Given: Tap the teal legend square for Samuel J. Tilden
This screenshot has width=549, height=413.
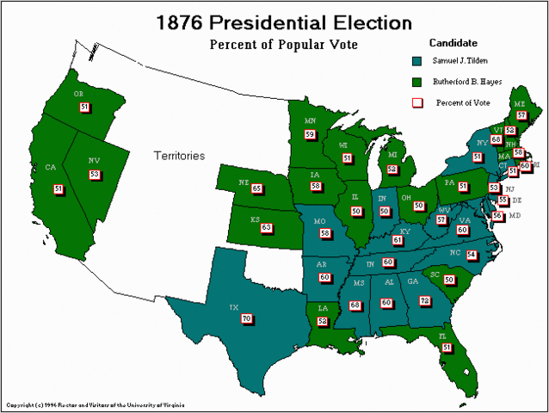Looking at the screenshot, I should tap(416, 61).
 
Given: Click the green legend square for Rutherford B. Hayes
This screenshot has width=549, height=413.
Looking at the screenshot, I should tap(416, 82).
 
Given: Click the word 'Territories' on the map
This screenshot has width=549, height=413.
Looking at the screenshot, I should tap(179, 156).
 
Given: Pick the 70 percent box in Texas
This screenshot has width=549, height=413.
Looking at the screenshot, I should tap(248, 318).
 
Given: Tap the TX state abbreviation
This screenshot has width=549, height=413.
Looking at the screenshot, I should tap(233, 307).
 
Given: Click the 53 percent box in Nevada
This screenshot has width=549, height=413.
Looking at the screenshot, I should tap(95, 174).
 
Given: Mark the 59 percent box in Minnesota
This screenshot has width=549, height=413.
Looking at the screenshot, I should tap(310, 134).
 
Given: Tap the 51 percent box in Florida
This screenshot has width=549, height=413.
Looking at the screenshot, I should tap(447, 347).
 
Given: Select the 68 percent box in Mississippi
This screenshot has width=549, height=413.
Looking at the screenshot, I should tap(355, 305).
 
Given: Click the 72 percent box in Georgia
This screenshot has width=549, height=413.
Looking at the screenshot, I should tap(424, 300).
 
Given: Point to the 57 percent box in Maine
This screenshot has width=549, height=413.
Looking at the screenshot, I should tap(521, 114).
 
